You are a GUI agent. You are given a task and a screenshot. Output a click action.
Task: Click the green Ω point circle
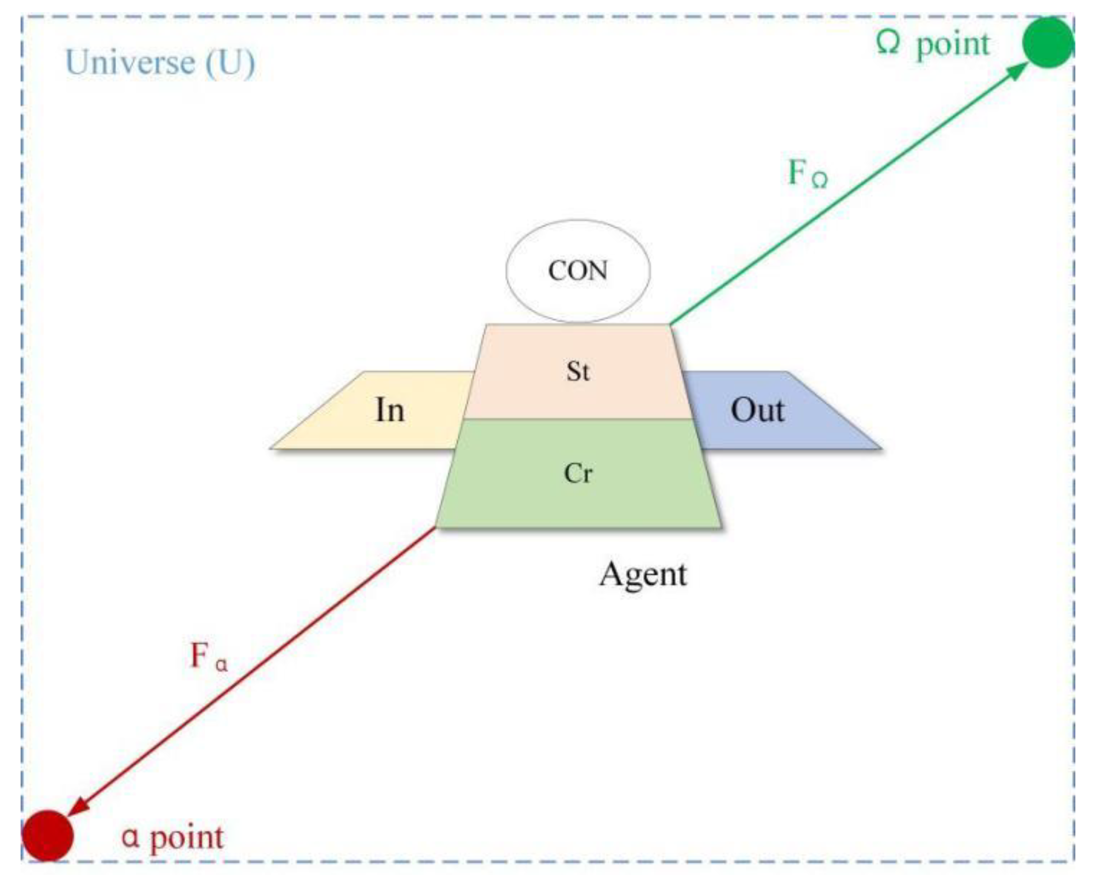[1047, 42]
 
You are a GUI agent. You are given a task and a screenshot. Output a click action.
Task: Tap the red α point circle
[47, 835]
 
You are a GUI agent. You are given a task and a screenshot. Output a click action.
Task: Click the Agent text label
[643, 574]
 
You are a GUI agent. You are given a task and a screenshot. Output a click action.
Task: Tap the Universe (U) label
[160, 63]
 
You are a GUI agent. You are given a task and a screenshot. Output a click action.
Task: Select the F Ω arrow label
[807, 173]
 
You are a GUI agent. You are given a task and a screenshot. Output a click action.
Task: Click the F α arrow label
[209, 657]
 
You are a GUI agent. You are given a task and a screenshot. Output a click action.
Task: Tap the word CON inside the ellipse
[578, 271]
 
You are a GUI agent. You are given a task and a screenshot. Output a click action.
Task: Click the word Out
[758, 410]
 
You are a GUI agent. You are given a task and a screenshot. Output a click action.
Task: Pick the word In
[390, 410]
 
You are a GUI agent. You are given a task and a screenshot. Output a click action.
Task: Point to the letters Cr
[578, 473]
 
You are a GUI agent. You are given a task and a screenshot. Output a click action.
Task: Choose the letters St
[578, 371]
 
